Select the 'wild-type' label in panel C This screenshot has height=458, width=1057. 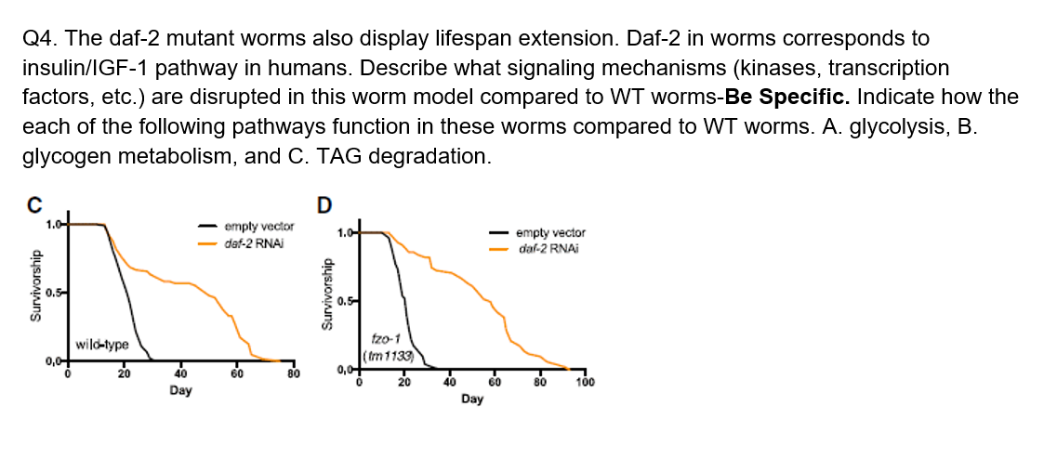pyautogui.click(x=101, y=344)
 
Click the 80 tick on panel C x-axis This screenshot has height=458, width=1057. pyautogui.click(x=294, y=374)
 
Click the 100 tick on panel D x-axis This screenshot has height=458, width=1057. pyautogui.click(x=585, y=382)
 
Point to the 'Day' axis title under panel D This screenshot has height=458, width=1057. pyautogui.click(x=471, y=399)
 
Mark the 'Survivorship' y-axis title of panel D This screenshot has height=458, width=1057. pyautogui.click(x=325, y=294)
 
